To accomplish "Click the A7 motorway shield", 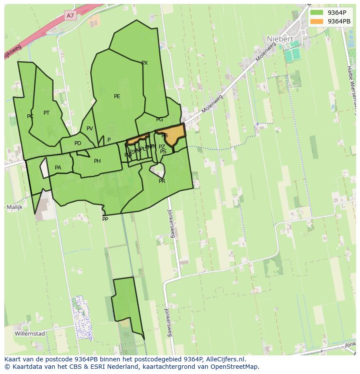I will pos(70,16).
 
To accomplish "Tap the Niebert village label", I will pos(280,39).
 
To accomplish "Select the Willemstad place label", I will pos(30,334).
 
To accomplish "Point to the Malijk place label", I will pos(14,207).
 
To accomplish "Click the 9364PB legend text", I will pos(340,21).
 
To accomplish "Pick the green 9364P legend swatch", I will pos(317,13).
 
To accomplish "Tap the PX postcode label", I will pos(144,63).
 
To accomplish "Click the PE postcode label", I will pos(117,96).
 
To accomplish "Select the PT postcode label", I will pos(47,113).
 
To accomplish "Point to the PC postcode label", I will pos(30,116).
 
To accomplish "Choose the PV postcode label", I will pos(90,129).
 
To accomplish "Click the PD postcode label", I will pos(78,143).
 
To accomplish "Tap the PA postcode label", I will pos(58,168).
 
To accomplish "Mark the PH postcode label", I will pos(97,161).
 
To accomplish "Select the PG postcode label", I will pos(160,119).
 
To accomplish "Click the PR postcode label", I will pos(162,181).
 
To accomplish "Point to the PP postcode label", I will pos(105,219).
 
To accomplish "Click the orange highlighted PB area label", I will pos(164,136).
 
